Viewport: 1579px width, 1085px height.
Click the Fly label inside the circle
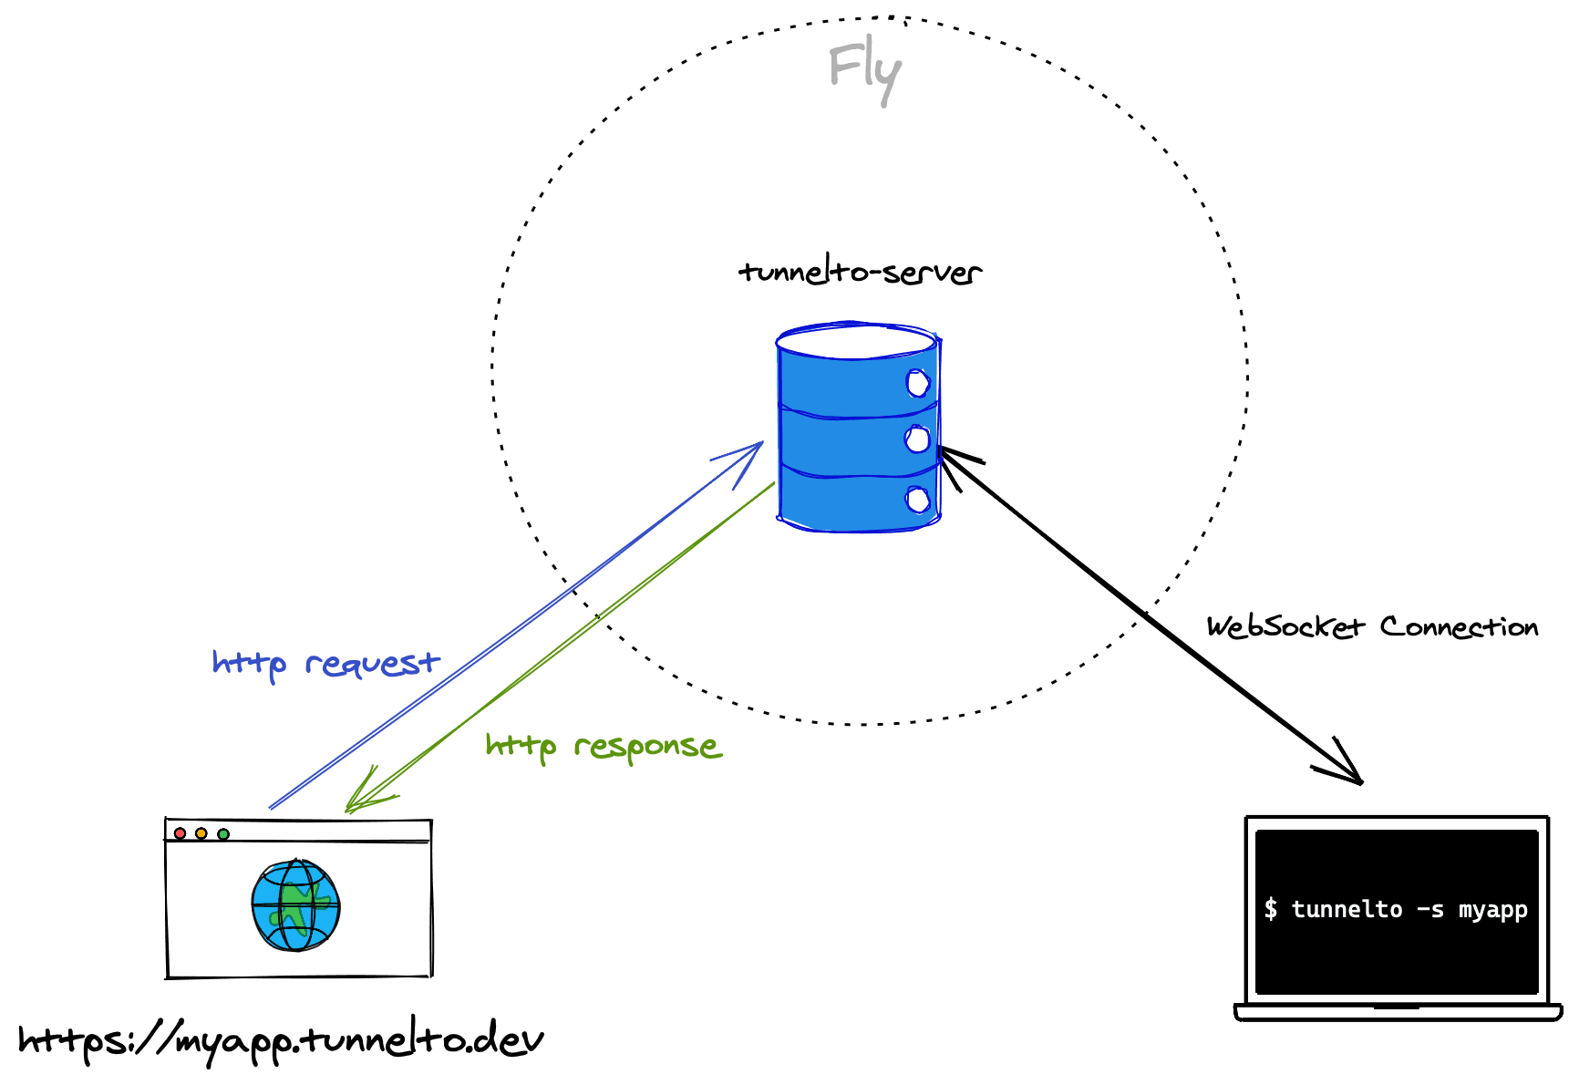click(864, 73)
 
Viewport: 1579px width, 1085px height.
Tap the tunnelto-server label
click(860, 272)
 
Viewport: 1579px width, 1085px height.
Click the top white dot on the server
click(917, 383)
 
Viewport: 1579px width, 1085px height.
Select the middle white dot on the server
click(917, 439)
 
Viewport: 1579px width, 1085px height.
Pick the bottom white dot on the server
click(917, 500)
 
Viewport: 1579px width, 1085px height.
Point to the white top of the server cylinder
click(857, 343)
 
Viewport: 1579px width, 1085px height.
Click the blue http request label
click(325, 664)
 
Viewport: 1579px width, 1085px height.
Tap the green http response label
click(603, 747)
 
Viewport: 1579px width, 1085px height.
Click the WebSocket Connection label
click(1372, 627)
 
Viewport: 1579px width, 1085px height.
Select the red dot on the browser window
click(180, 833)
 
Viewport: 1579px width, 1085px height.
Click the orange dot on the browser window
click(201, 833)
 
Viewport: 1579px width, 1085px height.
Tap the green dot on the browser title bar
click(223, 833)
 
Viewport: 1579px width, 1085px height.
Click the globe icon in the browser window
click(295, 905)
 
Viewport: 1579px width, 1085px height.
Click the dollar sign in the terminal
click(1271, 909)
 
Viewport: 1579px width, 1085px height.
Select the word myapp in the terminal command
click(1492, 909)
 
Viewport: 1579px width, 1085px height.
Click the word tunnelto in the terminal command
click(1347, 909)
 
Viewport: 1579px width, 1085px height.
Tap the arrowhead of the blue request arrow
click(753, 450)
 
